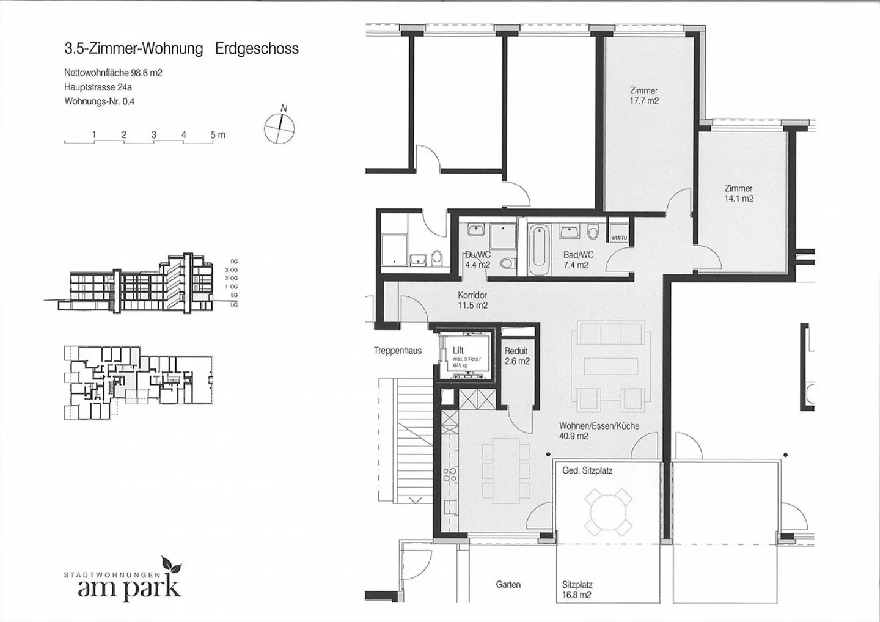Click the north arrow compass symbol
280,128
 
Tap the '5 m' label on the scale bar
218,135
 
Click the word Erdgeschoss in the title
257,49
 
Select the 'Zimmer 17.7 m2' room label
644,96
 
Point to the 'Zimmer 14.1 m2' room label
738,194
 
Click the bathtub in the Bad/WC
538,251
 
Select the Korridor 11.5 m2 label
472,300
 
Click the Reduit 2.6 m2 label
516,356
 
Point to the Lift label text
458,351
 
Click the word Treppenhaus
398,351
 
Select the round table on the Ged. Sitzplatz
607,510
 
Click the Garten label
508,585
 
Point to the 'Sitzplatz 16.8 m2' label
577,590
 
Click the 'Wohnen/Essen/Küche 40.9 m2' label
599,431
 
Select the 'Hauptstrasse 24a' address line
98,87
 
